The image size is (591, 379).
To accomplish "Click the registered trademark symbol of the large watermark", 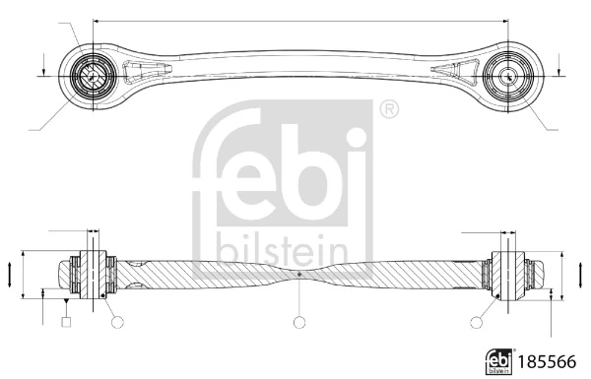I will pos(388,108).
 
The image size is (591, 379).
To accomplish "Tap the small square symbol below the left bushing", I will pos(66,321).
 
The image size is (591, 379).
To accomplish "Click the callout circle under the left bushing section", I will pos(116,321).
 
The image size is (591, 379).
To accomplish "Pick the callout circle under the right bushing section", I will pos(479,321).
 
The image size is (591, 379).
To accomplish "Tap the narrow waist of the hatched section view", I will pos(298,273).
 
